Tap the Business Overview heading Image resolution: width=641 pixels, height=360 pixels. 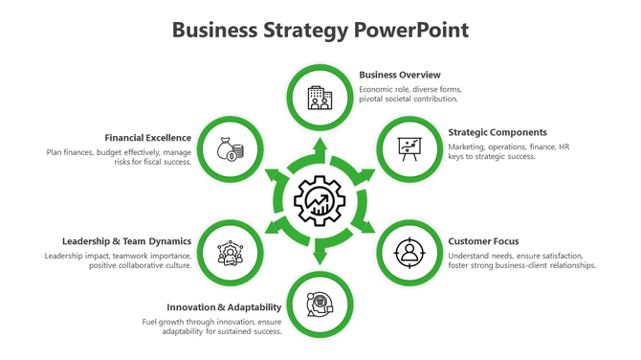pyautogui.click(x=399, y=75)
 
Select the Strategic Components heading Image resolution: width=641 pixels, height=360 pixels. pyautogui.click(x=497, y=132)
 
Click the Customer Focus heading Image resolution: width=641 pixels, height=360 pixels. pyautogui.click(x=483, y=241)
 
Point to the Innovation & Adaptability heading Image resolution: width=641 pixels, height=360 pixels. pyautogui.click(x=224, y=307)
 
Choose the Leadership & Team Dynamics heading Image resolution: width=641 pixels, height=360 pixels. pyautogui.click(x=126, y=241)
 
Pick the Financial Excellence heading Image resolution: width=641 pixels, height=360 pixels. pyautogui.click(x=148, y=137)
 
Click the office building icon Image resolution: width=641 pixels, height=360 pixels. pyautogui.click(x=320, y=97)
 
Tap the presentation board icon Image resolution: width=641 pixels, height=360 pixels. pyautogui.click(x=410, y=149)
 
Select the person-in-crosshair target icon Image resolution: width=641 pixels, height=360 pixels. pyautogui.click(x=410, y=253)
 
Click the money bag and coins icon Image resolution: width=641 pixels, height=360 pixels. pyautogui.click(x=230, y=149)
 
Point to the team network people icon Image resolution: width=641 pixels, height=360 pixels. pyautogui.click(x=230, y=254)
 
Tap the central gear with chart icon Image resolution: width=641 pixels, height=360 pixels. pyautogui.click(x=320, y=201)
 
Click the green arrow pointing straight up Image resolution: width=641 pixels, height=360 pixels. pyautogui.click(x=320, y=146)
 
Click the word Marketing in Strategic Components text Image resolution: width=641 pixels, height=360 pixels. pyautogui.click(x=468, y=146)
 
